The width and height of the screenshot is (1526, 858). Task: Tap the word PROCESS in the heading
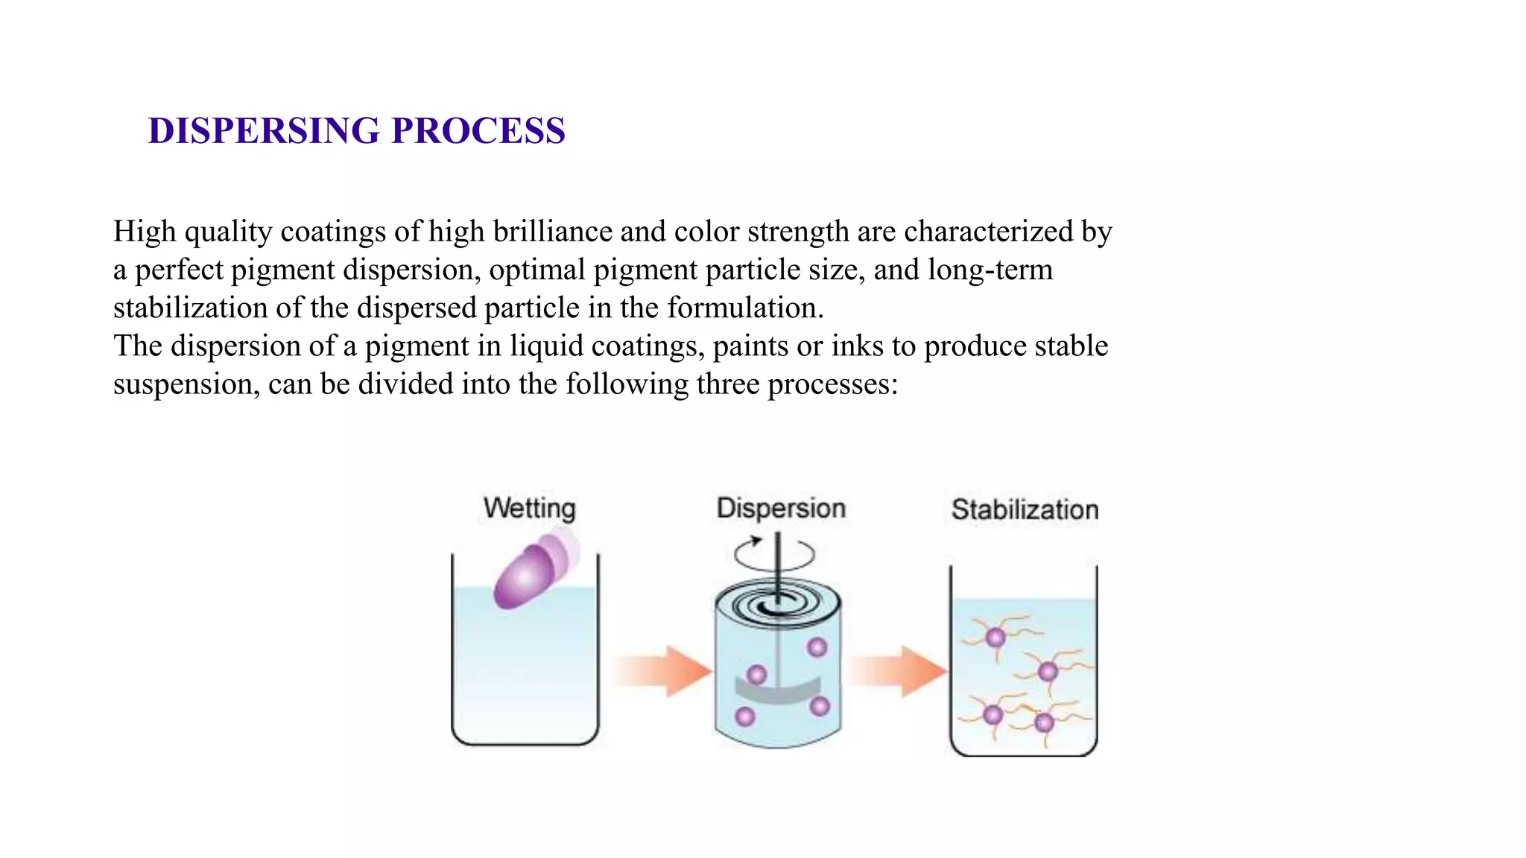tap(478, 131)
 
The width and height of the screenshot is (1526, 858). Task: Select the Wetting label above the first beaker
tap(529, 509)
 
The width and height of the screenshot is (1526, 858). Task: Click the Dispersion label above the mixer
tap(781, 509)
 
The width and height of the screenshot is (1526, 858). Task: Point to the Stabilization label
tap(1025, 510)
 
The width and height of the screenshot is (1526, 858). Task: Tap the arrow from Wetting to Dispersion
tap(663, 671)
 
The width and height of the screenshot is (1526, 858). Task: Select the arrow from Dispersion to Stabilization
tap(898, 671)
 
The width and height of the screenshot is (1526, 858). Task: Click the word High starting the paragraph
tap(145, 232)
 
